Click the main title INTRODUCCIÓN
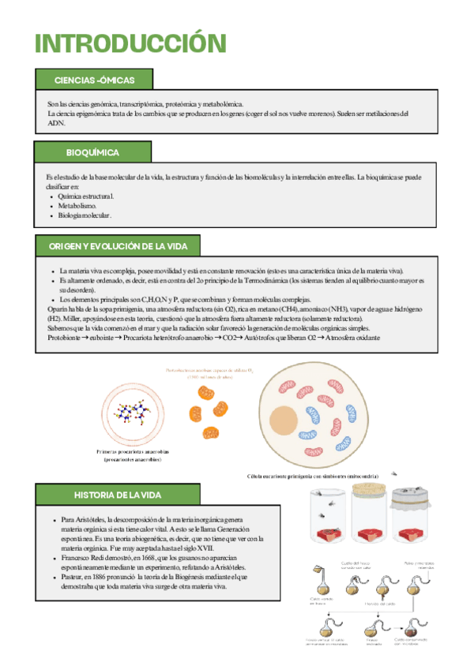(130, 43)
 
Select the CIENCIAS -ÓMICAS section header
(94, 80)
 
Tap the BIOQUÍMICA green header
(92, 151)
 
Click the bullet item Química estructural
(86, 196)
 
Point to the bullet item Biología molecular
(85, 215)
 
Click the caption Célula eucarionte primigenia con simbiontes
(312, 477)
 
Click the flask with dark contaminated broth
(410, 631)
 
